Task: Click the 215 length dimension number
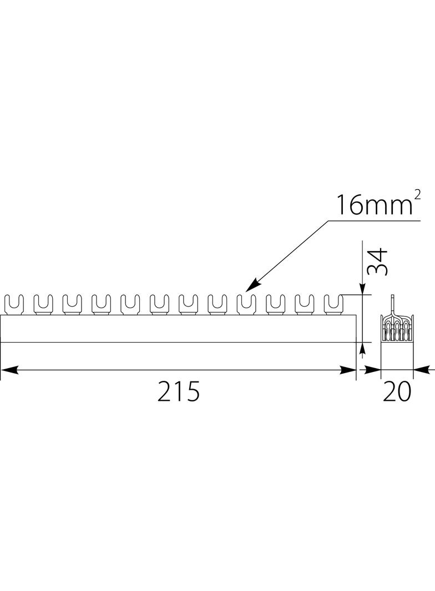[178, 391]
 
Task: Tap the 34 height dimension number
[378, 262]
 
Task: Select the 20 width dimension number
[397, 391]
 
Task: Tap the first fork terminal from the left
[13, 304]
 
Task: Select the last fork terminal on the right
[333, 304]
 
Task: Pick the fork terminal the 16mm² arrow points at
[246, 304]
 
